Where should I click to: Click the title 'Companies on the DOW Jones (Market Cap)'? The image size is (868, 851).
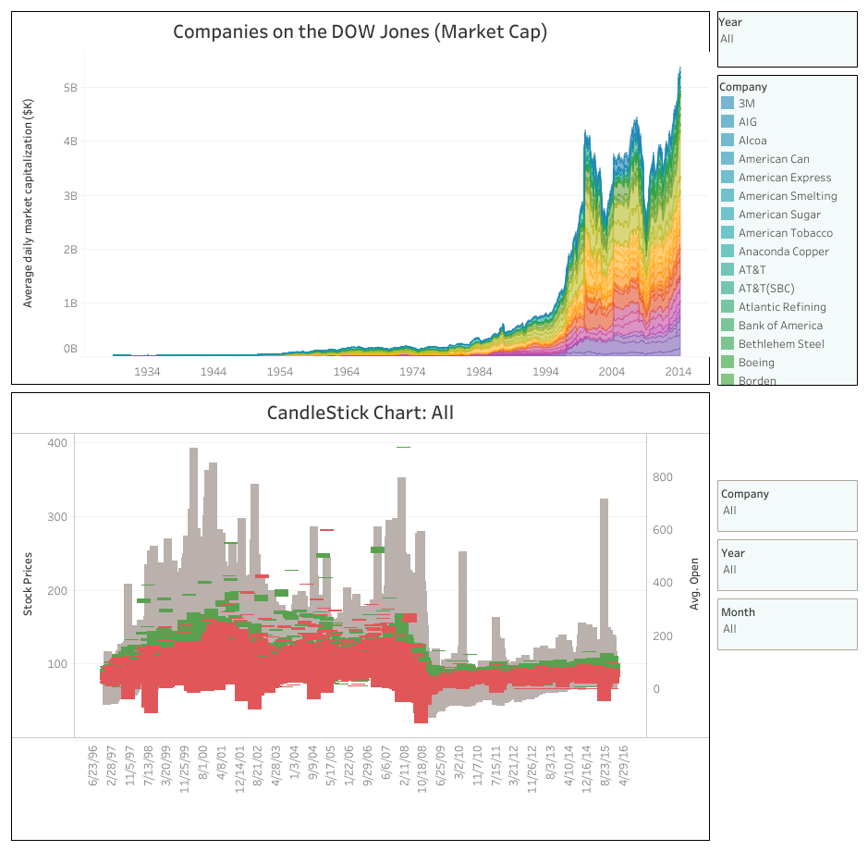(360, 31)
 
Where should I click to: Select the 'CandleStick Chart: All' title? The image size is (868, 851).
(360, 412)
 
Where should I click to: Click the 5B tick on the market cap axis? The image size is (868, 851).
(69, 88)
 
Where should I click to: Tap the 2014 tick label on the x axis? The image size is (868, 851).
(679, 371)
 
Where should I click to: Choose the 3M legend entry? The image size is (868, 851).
(746, 104)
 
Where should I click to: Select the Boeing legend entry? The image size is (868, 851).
(756, 363)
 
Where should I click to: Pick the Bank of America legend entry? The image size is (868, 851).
(779, 326)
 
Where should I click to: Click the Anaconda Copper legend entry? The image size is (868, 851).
(783, 252)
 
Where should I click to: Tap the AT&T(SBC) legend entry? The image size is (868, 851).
(765, 289)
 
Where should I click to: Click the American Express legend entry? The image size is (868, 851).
(784, 178)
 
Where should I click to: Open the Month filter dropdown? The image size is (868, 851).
(787, 629)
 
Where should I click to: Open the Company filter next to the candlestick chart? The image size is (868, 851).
(787, 511)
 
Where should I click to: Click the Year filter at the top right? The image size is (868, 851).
(787, 39)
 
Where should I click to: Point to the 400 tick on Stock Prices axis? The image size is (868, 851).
(56, 443)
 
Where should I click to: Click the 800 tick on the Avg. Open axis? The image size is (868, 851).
(662, 477)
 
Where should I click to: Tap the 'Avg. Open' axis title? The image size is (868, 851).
(694, 584)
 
